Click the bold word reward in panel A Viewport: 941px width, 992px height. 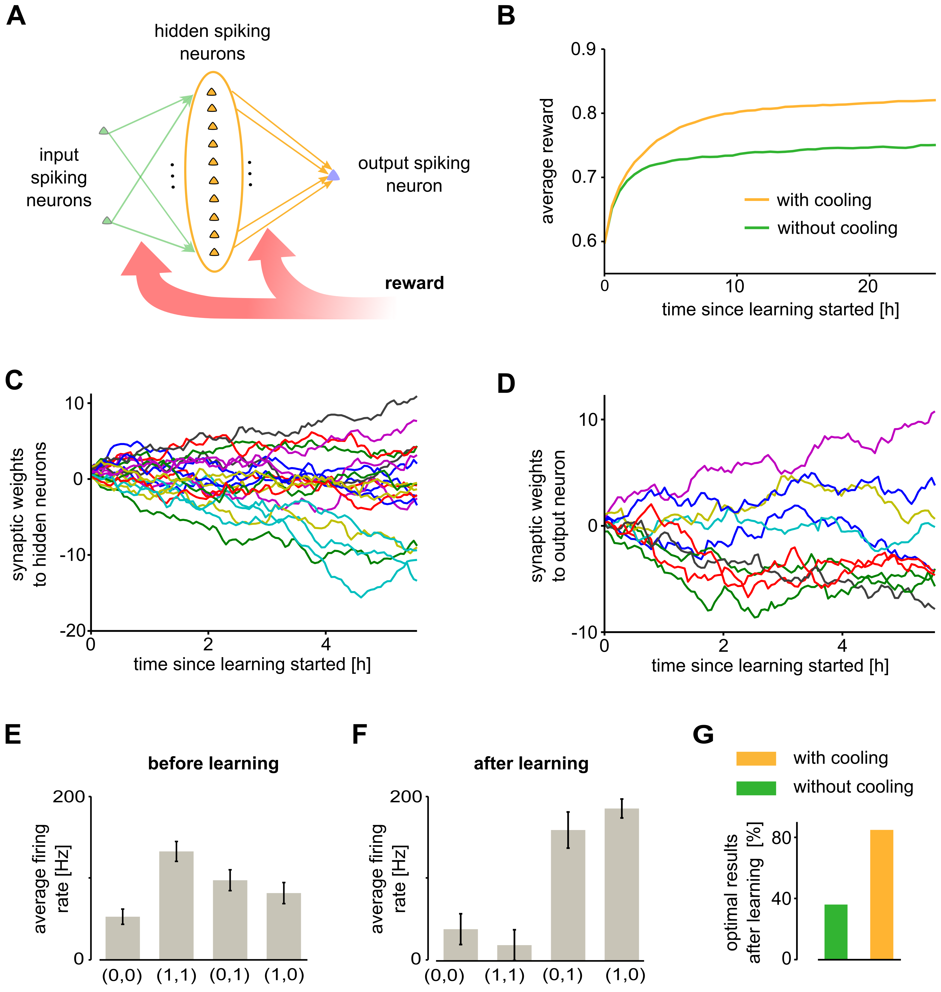pos(414,283)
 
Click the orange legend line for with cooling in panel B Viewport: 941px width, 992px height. pos(756,200)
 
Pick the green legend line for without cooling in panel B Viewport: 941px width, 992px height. pos(756,228)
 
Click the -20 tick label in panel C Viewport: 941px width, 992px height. pos(73,631)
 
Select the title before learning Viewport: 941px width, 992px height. pos(213,763)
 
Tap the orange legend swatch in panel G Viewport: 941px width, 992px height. pos(756,758)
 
